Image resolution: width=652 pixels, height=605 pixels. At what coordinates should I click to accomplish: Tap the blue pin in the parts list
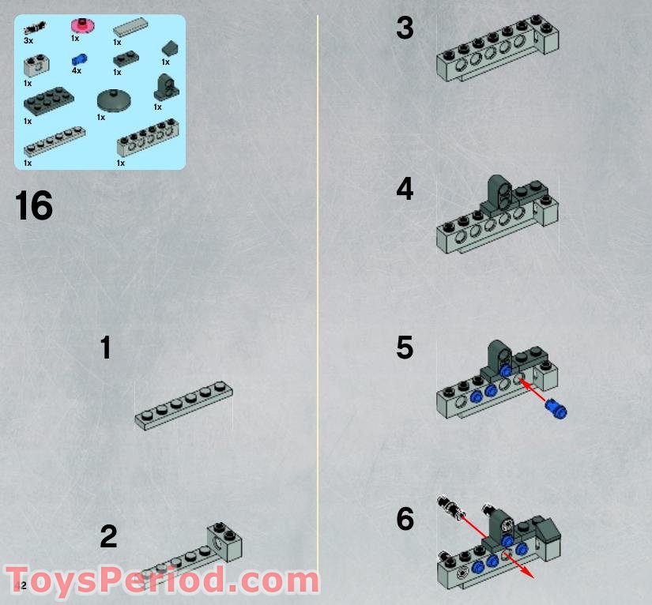[x=78, y=59]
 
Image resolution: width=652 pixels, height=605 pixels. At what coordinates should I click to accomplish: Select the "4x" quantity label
[x=76, y=71]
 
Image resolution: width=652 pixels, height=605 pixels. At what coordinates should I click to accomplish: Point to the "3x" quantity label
[x=28, y=39]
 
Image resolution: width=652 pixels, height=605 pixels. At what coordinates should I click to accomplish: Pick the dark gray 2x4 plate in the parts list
[x=46, y=100]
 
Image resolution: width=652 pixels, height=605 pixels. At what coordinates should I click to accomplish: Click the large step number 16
[x=34, y=206]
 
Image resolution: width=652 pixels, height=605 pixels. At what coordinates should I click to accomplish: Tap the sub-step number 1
[x=106, y=348]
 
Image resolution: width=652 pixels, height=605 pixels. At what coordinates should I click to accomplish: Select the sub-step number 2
[x=108, y=537]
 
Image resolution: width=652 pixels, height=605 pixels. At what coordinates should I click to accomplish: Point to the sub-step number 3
[x=405, y=29]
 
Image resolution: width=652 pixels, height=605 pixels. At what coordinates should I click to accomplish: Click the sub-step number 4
[x=405, y=190]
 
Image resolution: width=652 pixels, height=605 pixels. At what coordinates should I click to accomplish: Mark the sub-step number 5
[x=405, y=348]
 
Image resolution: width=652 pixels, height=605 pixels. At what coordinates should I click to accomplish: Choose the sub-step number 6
[x=405, y=520]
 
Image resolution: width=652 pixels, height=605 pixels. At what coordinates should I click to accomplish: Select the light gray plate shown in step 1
[x=184, y=406]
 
